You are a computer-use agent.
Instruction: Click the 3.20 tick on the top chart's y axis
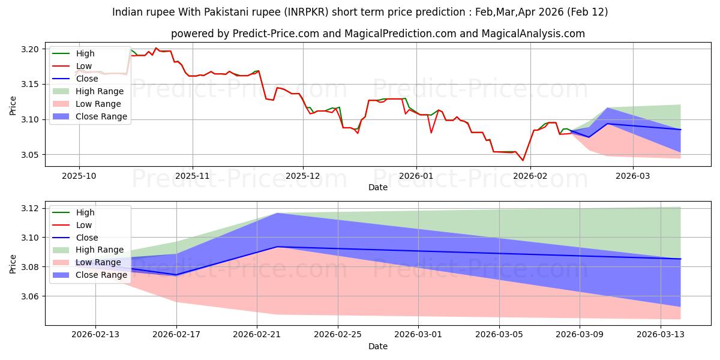[x=30, y=49]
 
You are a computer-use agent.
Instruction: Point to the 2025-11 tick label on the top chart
[x=192, y=176]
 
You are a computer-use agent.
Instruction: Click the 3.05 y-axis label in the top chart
[x=30, y=155]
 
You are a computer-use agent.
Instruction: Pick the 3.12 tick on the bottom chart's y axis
[x=30, y=208]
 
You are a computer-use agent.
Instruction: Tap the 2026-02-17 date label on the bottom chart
[x=176, y=335]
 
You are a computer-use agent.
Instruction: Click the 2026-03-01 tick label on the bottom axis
[x=419, y=335]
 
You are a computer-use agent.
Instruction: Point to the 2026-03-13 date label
[x=661, y=335]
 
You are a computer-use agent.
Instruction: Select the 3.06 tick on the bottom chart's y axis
[x=30, y=296]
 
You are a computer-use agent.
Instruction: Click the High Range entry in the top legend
[x=100, y=91]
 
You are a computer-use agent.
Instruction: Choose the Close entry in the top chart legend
[x=88, y=79]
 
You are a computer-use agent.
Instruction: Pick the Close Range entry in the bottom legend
[x=101, y=275]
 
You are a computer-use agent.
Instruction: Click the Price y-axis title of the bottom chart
[x=13, y=263]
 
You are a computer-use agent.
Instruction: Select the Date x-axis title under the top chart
[x=378, y=187]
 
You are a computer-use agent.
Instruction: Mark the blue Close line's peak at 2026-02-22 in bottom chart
[x=277, y=247]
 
